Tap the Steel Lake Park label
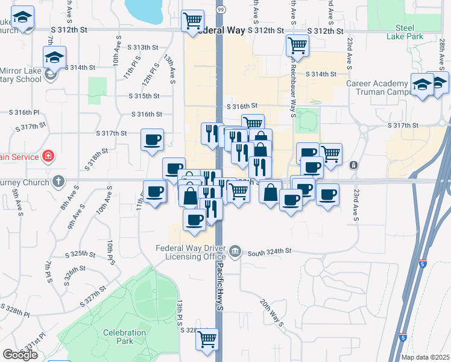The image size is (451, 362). pos(409,32)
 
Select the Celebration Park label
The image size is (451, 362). pos(125,337)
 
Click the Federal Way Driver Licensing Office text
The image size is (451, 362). pos(190,252)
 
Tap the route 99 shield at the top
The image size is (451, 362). pos(221,10)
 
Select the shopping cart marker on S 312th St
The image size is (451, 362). pos(192,21)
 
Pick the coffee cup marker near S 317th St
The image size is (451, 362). pos(152,140)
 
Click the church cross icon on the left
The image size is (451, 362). pos(58,180)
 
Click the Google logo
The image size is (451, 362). pos(20,355)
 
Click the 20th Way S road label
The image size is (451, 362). pos(273,313)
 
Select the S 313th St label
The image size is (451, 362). pos(142,47)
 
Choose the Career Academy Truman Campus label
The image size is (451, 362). pos(376,88)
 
